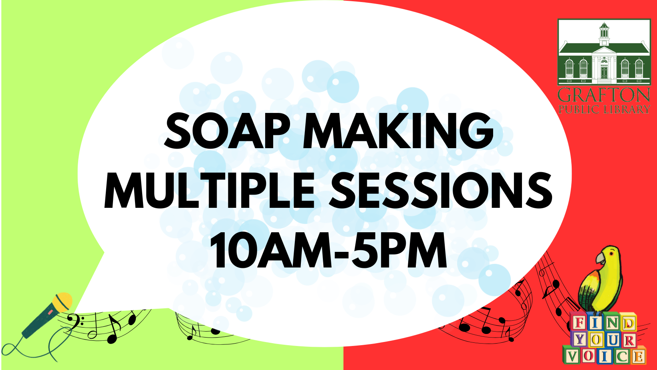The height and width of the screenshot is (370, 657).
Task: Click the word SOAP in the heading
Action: pyautogui.click(x=227, y=131)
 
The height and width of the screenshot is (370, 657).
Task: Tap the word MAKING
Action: pyautogui.click(x=398, y=131)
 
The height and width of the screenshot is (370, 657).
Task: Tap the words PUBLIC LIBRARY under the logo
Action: pyautogui.click(x=604, y=110)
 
